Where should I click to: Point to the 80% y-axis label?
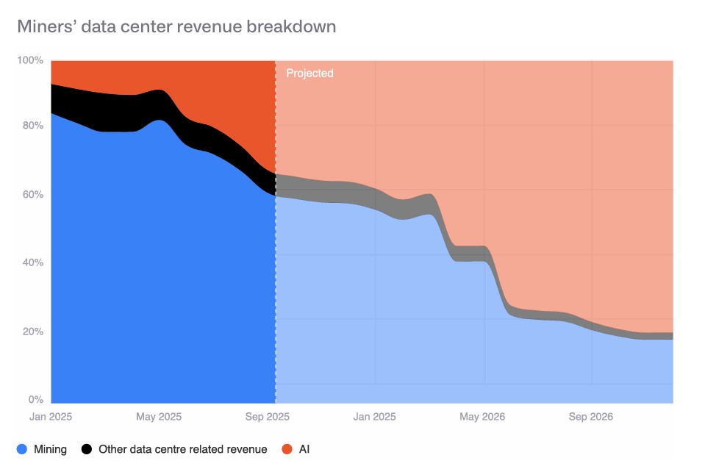coord(32,126)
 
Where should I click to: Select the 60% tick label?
coord(32,195)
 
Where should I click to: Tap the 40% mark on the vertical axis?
coord(32,262)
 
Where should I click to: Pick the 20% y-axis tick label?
coord(32,332)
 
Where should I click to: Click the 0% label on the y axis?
coord(35,400)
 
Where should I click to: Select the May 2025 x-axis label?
coord(159,417)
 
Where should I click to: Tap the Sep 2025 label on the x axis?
coord(268,417)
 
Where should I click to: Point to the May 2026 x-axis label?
coord(482,417)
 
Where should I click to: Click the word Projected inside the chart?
coord(309,74)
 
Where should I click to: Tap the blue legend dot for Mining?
coord(21,448)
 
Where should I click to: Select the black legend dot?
coord(86,448)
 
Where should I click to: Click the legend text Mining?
coord(50,448)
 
